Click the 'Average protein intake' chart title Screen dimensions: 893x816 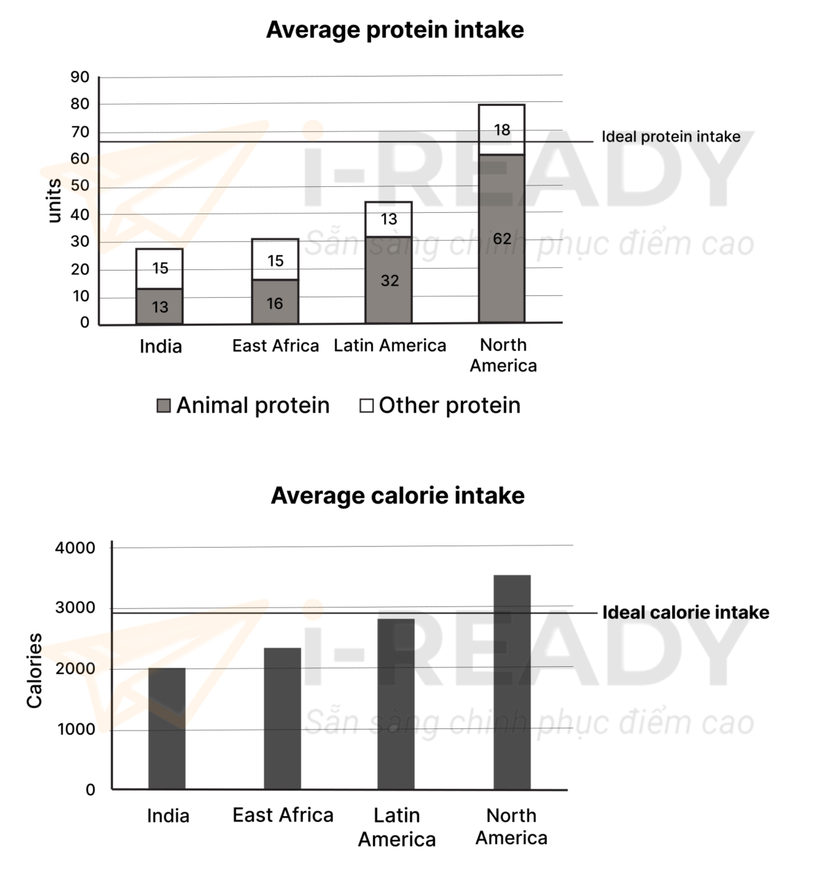[x=395, y=30]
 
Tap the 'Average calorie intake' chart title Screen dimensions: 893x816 [x=398, y=495]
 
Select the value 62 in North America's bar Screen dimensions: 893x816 [x=502, y=239]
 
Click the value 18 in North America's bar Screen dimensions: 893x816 [x=502, y=130]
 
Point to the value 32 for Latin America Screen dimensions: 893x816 [x=390, y=280]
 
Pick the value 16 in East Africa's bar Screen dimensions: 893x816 [x=275, y=303]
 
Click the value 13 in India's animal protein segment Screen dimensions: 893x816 [x=160, y=307]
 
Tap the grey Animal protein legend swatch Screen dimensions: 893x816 [x=164, y=405]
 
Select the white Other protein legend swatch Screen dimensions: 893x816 [x=366, y=405]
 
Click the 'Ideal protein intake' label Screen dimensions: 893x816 [x=671, y=137]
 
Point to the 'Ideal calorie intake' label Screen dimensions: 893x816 [x=686, y=613]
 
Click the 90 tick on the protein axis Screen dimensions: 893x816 [x=80, y=77]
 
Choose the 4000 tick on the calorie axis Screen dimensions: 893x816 [x=75, y=548]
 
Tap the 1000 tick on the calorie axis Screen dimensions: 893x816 [x=76, y=730]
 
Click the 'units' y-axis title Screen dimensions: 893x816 [x=54, y=201]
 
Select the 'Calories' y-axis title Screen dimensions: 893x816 [x=34, y=670]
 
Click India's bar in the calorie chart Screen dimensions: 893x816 [x=167, y=728]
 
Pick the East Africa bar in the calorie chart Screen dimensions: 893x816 [x=282, y=719]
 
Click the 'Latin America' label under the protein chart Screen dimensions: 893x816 [x=390, y=345]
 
